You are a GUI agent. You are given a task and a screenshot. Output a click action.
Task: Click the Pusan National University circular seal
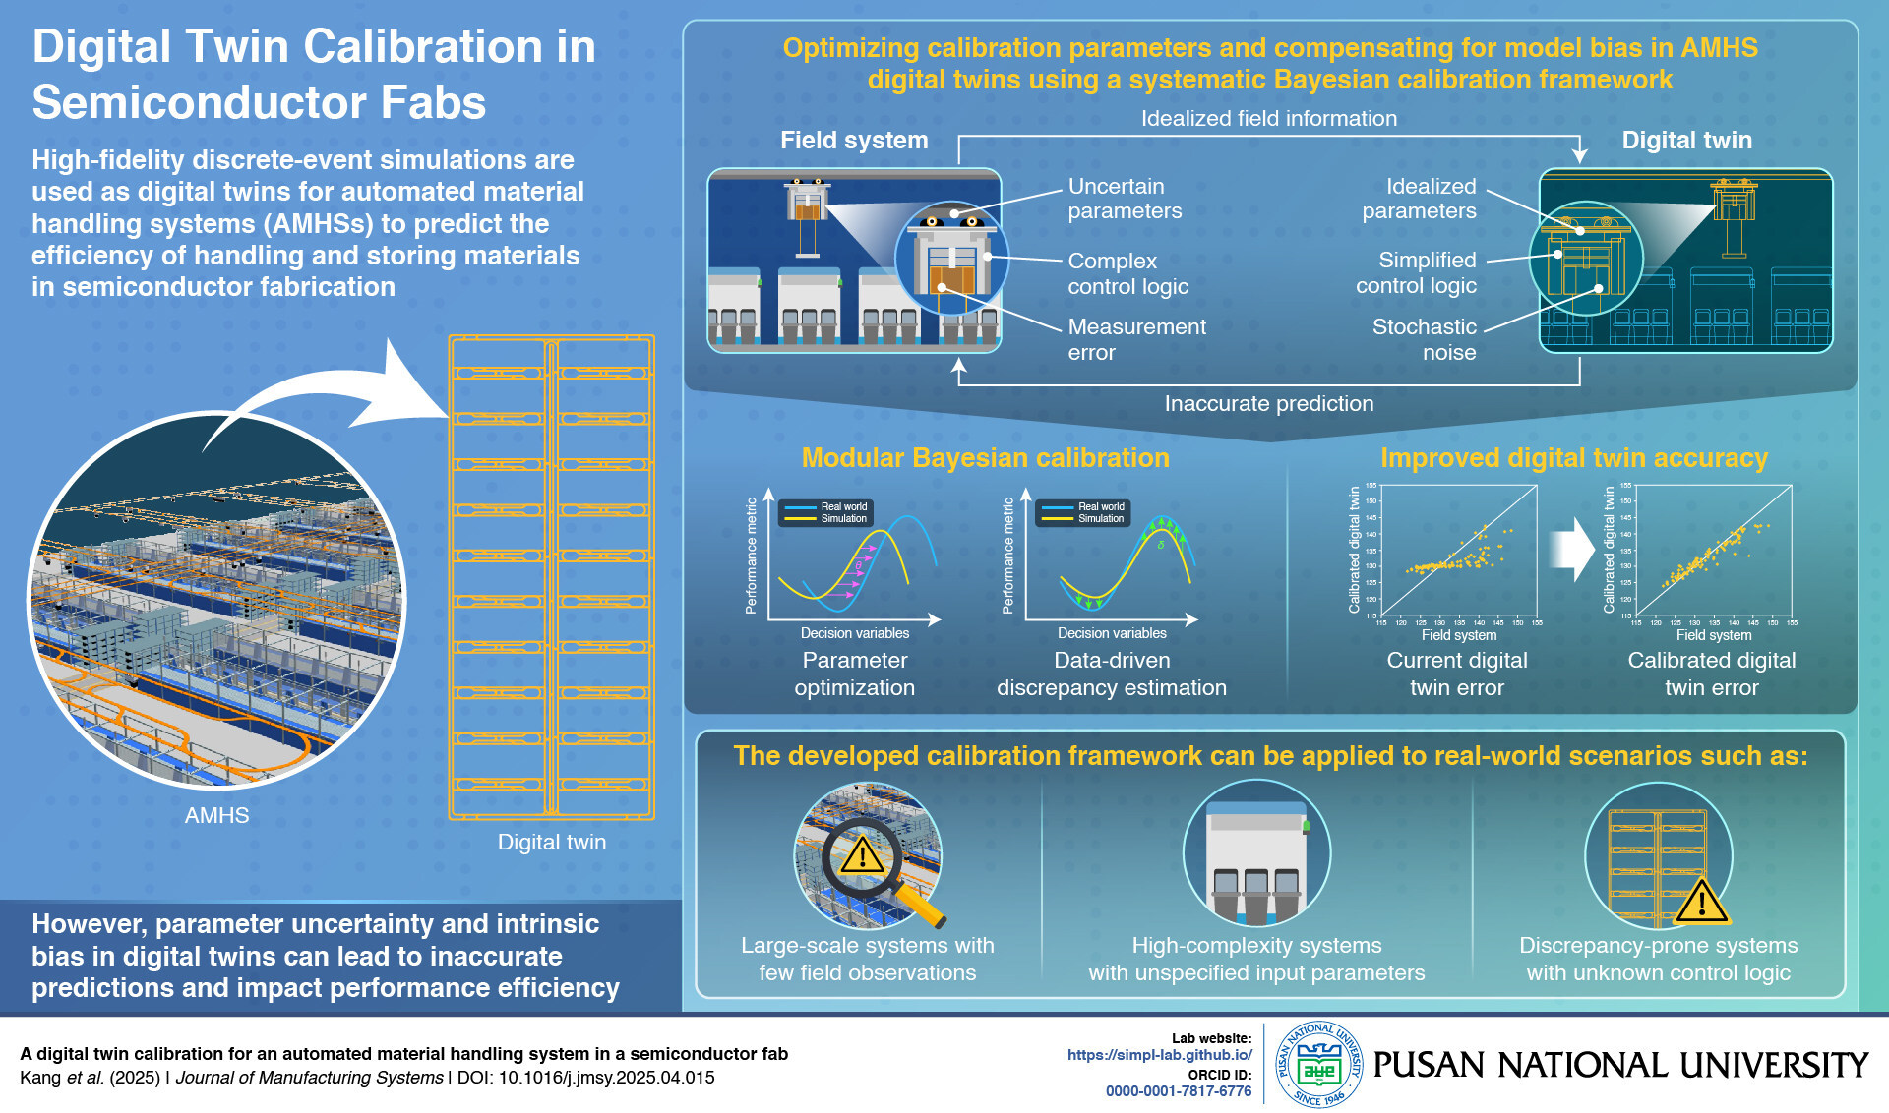[1318, 1065]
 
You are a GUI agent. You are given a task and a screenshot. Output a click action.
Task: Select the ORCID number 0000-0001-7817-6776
[1178, 1091]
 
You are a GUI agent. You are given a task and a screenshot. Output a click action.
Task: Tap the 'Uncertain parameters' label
[1125, 199]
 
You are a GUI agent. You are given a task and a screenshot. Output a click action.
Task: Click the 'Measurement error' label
[1136, 339]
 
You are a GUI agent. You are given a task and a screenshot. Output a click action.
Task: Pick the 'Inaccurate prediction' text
[1268, 403]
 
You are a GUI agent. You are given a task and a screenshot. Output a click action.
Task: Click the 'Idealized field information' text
[1268, 119]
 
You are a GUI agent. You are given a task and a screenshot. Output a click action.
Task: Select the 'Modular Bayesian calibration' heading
[985, 458]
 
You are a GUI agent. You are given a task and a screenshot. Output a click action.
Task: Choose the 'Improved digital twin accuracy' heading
[1573, 458]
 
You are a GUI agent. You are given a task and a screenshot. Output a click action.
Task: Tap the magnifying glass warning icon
[863, 855]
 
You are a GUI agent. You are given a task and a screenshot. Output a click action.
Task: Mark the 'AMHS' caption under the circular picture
[216, 815]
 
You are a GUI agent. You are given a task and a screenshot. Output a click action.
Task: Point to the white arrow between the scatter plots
[1572, 550]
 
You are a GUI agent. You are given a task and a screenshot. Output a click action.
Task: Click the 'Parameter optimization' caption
[854, 674]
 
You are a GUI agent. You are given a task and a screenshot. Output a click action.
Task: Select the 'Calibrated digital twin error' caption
[1711, 674]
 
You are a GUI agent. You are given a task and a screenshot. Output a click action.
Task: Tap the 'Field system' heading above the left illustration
[854, 141]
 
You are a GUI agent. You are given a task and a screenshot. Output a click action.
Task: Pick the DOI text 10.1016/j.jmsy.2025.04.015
[606, 1078]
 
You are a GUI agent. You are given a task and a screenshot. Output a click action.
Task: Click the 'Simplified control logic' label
[1417, 272]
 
